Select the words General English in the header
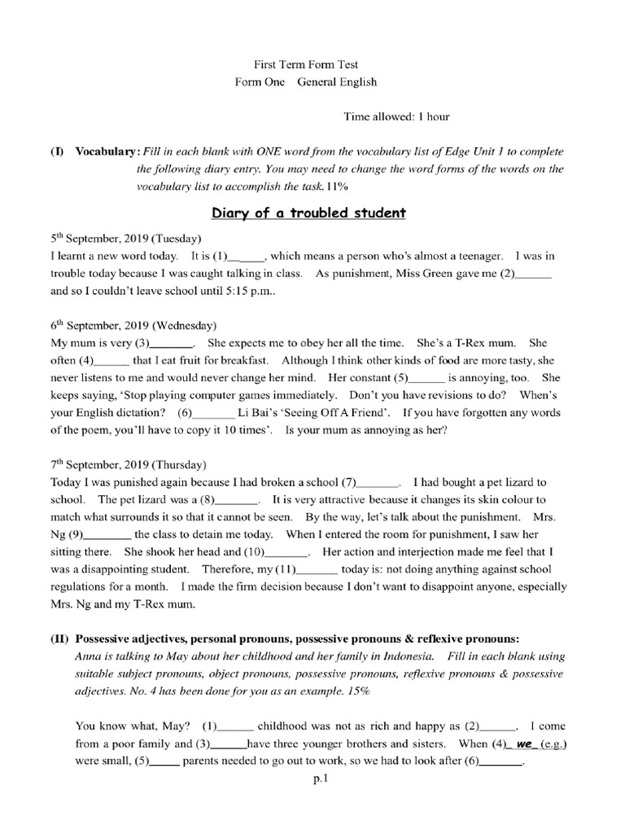(336, 81)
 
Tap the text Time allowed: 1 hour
(396, 116)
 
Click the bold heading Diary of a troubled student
(308, 213)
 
